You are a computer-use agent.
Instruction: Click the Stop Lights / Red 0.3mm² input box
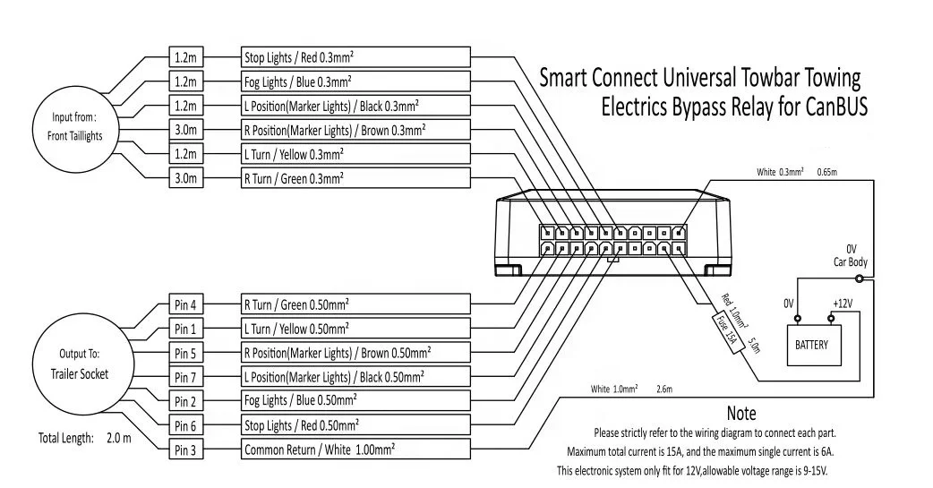coord(355,58)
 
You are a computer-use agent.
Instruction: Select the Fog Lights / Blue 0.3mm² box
coord(355,82)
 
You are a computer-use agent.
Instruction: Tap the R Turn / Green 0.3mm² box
coord(355,178)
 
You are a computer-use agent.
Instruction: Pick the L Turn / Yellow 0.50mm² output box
coord(355,328)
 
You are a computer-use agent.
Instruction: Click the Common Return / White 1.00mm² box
coord(355,449)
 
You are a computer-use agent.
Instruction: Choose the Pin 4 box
coord(186,304)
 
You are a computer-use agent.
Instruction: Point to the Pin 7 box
coord(186,377)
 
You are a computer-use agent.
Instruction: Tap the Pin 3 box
coord(186,449)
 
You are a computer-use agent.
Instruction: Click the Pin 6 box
coord(186,425)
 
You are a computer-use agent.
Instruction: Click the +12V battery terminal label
coord(842,304)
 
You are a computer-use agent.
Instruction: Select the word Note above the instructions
coord(741,414)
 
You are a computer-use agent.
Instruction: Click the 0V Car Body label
coord(852,255)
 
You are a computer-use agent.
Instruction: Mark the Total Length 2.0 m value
coord(119,439)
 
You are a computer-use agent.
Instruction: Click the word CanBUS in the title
coord(828,108)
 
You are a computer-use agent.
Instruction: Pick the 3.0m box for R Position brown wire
coord(186,131)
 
